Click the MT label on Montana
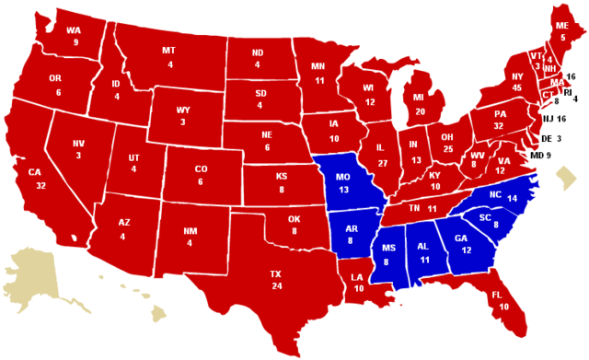169,51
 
